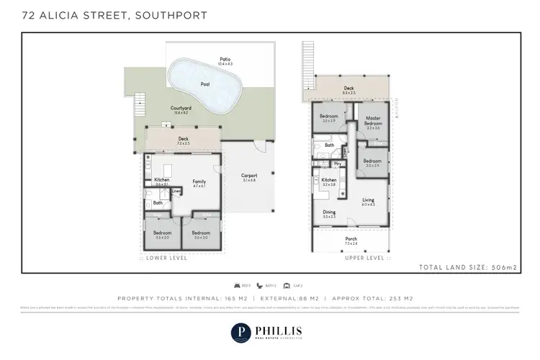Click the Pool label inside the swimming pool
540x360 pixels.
204,84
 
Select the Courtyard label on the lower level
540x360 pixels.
180,109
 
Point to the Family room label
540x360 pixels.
199,182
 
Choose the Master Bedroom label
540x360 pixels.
372,120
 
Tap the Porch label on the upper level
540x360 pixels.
351,240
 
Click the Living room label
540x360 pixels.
368,200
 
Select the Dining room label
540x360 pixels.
329,212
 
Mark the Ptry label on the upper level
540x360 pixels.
337,164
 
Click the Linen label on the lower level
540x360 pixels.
176,191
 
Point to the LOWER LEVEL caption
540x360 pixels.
167,257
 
